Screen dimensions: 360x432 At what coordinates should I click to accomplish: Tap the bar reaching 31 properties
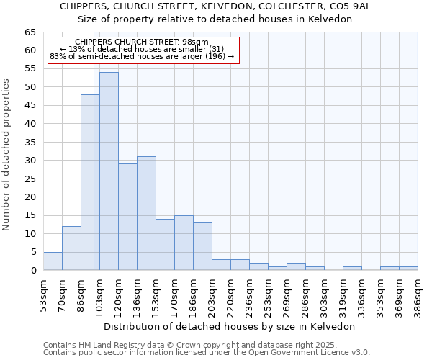tap(146, 213)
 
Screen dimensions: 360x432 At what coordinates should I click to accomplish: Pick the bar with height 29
tap(127, 217)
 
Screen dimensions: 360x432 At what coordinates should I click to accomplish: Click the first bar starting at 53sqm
tap(53, 261)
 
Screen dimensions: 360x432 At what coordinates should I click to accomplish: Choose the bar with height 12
tap(71, 248)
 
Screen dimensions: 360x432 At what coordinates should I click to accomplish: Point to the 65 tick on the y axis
tap(30, 32)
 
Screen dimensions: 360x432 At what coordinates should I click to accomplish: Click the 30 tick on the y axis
tap(30, 161)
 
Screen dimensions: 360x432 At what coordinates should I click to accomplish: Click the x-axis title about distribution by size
tap(230, 326)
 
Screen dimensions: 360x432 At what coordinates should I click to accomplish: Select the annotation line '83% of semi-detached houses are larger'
tap(142, 56)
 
